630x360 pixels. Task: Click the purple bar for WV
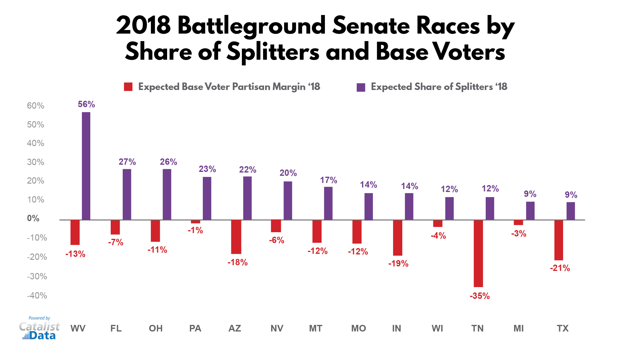tap(86, 166)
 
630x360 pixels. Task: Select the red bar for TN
tap(478, 253)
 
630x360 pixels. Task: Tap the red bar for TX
tap(559, 240)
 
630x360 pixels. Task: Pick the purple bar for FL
tap(127, 194)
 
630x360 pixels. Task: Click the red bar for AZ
tap(236, 237)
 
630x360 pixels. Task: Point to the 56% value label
tap(86, 104)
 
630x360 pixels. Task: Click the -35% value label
tap(480, 296)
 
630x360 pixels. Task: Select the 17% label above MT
tap(328, 180)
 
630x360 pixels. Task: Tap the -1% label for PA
tap(195, 230)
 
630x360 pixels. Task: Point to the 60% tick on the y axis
tap(35, 106)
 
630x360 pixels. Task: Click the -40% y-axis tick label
tap(37, 296)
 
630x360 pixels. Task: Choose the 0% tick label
tap(33, 218)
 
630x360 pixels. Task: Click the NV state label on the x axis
tap(277, 328)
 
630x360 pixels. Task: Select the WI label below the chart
tap(437, 328)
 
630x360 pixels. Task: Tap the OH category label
tap(156, 328)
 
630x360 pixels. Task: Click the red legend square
tap(128, 87)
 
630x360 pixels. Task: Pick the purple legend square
tap(361, 87)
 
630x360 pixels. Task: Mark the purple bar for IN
tap(409, 206)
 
